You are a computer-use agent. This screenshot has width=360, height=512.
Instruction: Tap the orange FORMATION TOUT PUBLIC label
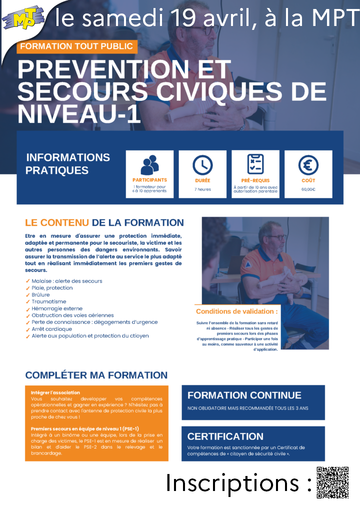pos(77,46)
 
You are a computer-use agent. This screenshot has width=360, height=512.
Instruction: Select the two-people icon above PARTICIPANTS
pos(149,165)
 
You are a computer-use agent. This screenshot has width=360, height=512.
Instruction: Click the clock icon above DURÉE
pos(202,165)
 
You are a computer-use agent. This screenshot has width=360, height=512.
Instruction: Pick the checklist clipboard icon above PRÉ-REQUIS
pos(255,164)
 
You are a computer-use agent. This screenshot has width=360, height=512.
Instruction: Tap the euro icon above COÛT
pos(308,165)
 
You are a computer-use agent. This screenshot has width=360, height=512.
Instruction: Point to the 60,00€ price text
pos(308,189)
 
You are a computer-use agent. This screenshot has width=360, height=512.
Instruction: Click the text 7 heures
pos(202,189)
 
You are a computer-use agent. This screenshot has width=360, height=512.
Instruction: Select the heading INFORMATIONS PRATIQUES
pos(67,164)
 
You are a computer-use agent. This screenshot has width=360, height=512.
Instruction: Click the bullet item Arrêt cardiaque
pos(52,329)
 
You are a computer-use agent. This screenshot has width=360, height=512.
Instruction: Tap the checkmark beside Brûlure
pos(27,295)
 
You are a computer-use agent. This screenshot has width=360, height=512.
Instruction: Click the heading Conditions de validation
pos(236,311)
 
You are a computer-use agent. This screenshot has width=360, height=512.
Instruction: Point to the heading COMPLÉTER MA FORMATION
pos(96,375)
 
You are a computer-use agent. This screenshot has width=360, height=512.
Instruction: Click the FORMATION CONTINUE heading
pos(244,395)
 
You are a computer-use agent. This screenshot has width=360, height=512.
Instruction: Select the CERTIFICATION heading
pos(225,436)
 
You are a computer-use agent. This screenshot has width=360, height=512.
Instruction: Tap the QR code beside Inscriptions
pos(332,482)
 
